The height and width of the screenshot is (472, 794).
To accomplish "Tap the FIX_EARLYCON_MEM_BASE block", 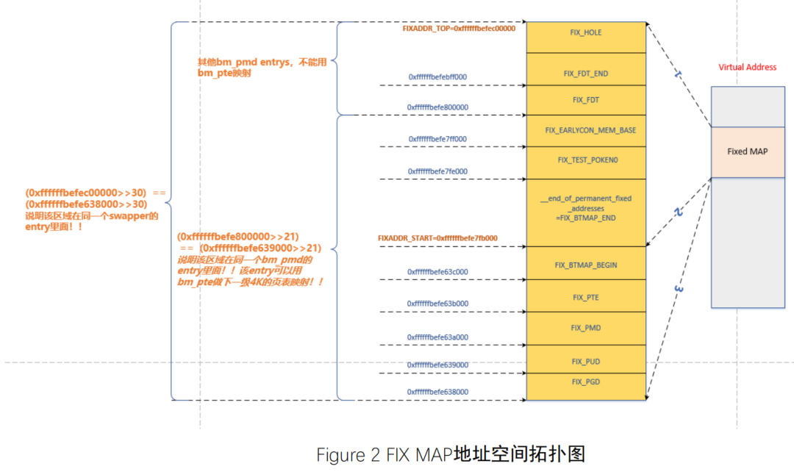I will [586, 130].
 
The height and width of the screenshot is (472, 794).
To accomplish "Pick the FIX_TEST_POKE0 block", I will [586, 160].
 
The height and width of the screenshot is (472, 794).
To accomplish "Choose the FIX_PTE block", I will [586, 297].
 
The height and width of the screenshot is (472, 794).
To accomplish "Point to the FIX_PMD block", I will [586, 328].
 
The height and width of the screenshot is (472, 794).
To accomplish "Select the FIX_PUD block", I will [586, 361].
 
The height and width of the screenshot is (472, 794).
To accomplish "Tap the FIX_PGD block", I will [586, 382].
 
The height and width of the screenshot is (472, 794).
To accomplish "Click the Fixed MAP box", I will [747, 151].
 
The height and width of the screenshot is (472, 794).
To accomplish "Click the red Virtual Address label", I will [747, 68].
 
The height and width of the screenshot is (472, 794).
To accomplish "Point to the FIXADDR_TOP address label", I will [459, 29].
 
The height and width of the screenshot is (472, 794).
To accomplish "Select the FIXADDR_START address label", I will [437, 238].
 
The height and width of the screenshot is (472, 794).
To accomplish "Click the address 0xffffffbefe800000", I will [437, 107].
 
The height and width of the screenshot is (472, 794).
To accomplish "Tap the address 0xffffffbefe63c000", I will [437, 271].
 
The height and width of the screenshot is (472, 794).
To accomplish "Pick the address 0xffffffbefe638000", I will [437, 392].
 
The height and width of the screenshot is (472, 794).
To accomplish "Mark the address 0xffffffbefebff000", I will [437, 76].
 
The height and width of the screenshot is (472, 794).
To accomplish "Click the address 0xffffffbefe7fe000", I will [437, 171].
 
